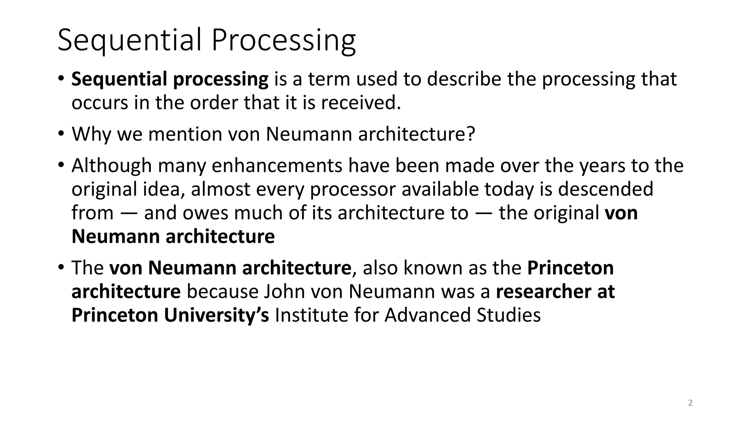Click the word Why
pos(91,134)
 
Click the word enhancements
pos(276,166)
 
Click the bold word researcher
pos(544,292)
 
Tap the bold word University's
pos(216,315)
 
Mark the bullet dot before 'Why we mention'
pos(61,133)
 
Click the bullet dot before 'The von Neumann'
pos(61,267)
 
